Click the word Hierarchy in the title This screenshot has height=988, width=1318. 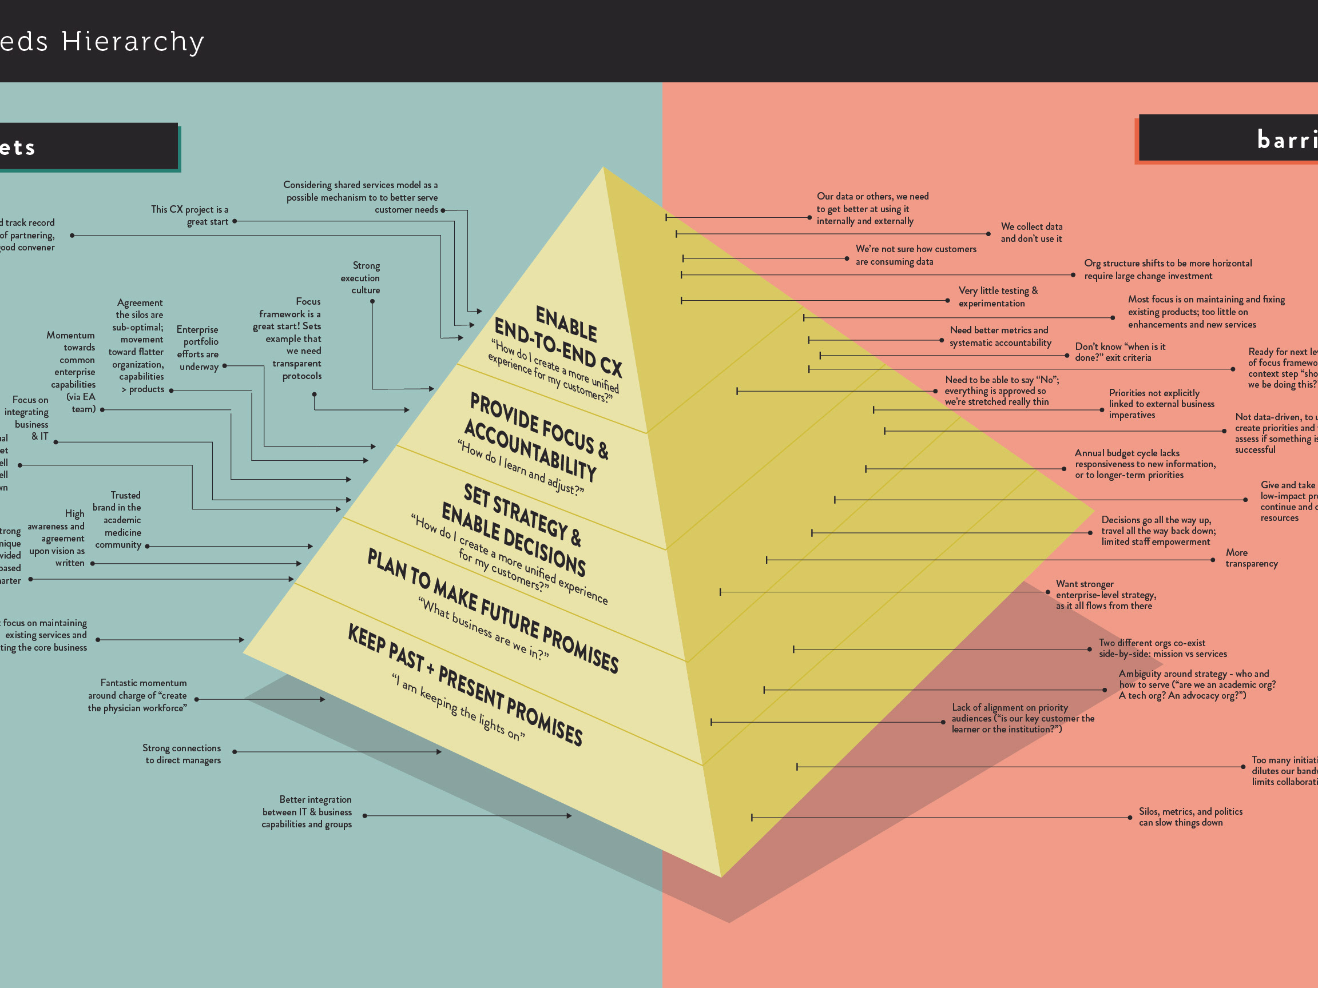point(133,42)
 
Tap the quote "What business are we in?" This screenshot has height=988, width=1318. point(483,628)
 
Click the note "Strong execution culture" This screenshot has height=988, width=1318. point(360,277)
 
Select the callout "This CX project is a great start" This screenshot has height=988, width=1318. point(190,216)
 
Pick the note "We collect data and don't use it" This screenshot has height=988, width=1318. point(1031,232)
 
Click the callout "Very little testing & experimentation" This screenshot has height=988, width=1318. point(998,297)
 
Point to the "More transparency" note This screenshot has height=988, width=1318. point(1250,558)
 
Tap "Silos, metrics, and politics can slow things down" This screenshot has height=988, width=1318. point(1190,816)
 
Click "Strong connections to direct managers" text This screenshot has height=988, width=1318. point(182,754)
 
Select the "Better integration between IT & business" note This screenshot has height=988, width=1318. point(307,812)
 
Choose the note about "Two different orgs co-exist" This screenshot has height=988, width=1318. point(1162,648)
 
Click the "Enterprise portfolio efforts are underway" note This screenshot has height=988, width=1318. point(198,348)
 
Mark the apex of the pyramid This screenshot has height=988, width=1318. point(604,168)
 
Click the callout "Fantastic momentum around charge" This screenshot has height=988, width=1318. point(138,695)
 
